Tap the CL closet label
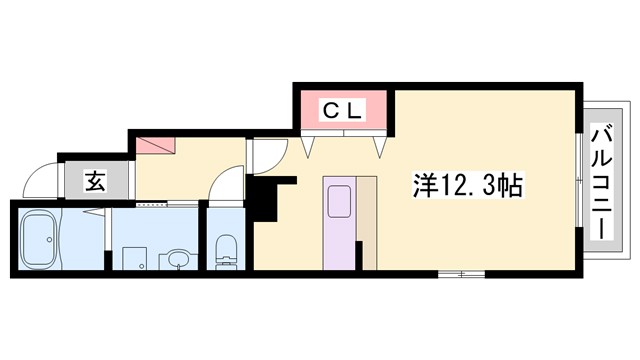341,109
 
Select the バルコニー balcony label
603,181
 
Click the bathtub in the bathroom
39,241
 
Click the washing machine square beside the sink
135,258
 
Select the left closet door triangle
308,147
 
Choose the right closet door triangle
381,147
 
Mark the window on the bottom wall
460,272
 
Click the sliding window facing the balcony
579,180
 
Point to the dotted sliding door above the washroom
153,203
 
